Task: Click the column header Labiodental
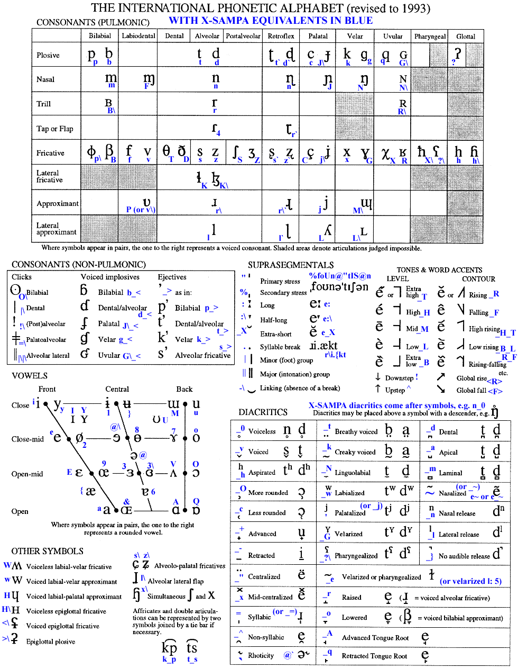138,36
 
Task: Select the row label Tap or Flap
55,129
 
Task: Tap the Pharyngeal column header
430,37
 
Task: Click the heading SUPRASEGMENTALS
291,265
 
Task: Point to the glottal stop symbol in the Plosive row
458,53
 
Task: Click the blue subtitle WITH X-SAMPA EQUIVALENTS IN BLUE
271,21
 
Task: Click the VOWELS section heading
30,376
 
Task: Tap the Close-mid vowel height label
27,439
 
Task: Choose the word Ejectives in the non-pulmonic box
172,277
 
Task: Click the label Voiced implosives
110,277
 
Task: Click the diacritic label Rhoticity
261,655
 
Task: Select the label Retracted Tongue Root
374,656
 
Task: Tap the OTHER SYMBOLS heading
48,551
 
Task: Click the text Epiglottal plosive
51,642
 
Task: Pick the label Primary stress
280,281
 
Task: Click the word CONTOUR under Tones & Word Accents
478,279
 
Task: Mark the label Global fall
471,391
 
